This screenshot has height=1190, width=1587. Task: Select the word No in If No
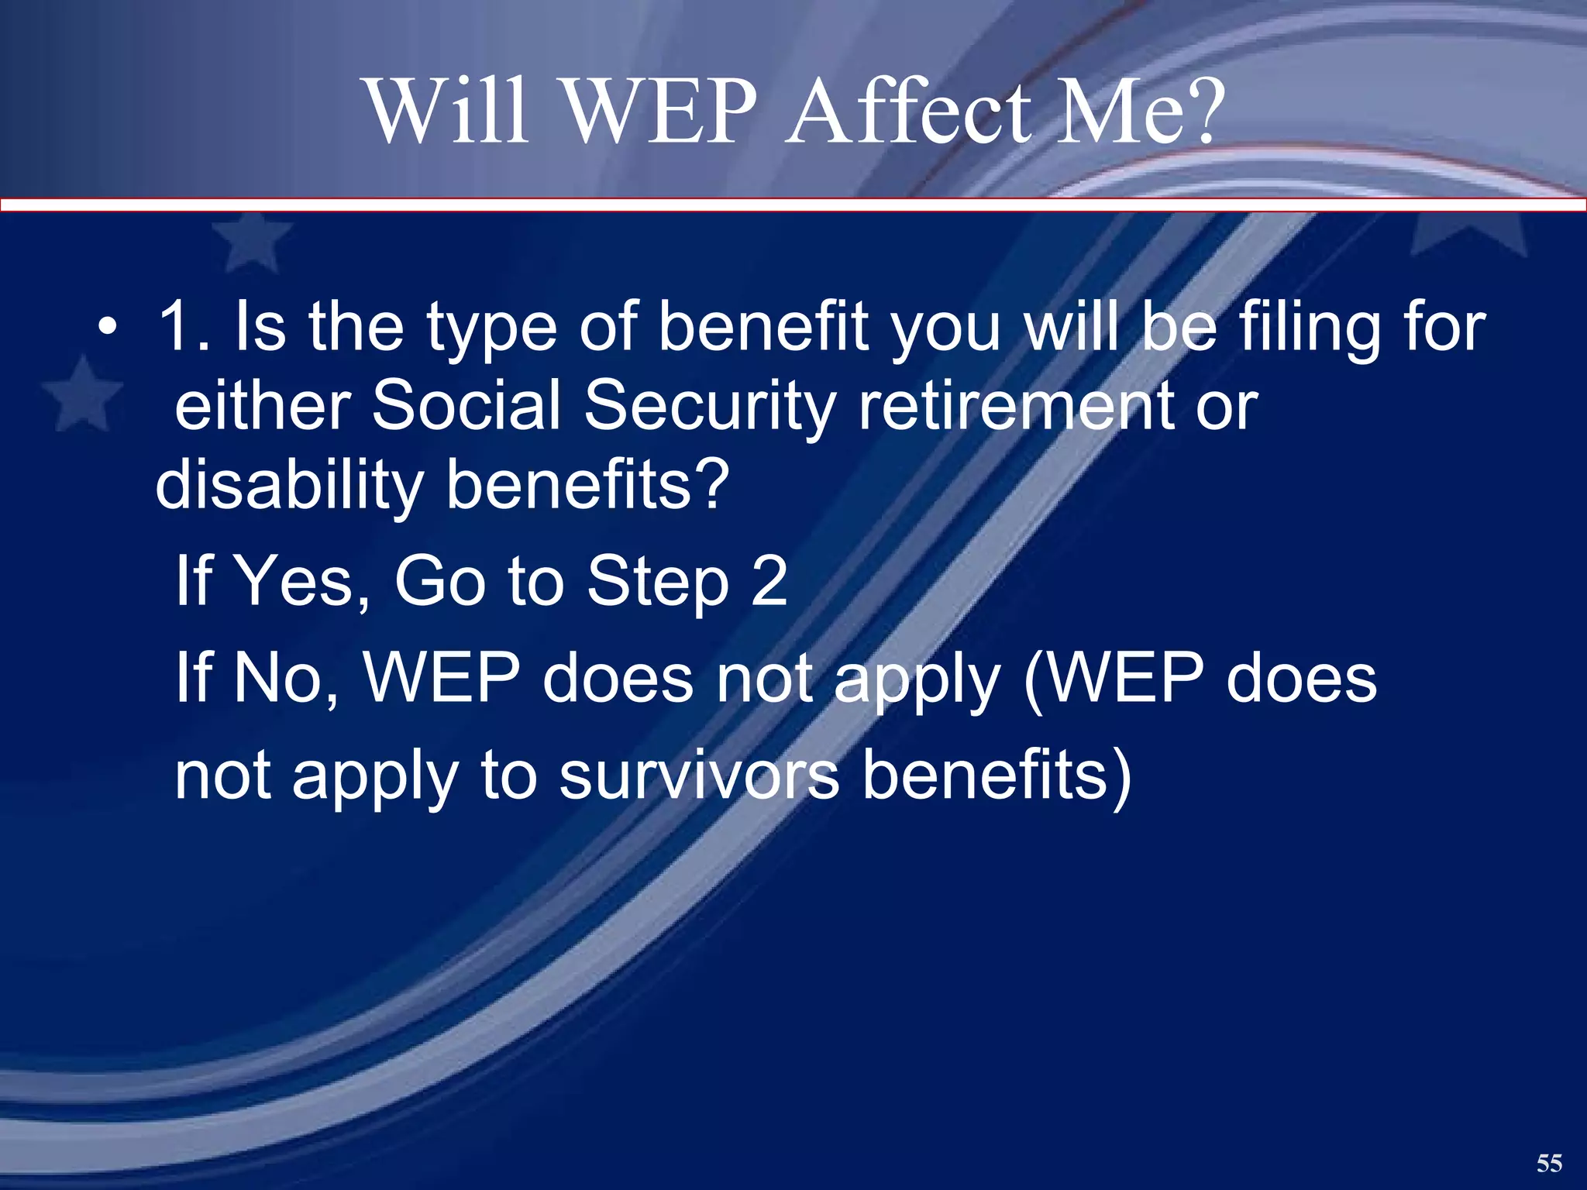click(x=280, y=678)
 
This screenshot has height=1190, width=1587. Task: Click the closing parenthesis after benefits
click(x=1121, y=776)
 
